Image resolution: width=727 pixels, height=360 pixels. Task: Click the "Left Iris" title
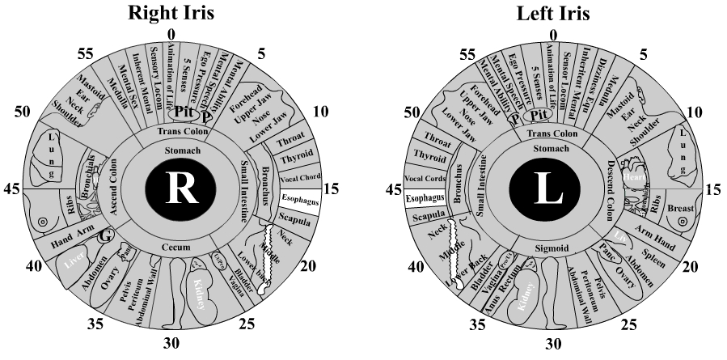click(552, 13)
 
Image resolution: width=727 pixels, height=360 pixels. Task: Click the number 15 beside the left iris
click(712, 189)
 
